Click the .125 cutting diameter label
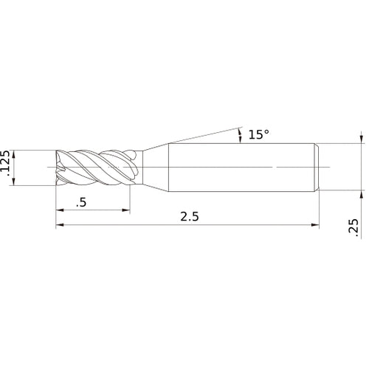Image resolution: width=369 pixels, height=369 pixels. [x=7, y=169]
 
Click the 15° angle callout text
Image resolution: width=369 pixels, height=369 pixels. [x=258, y=134]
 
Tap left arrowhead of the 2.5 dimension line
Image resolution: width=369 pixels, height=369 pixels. [x=60, y=226]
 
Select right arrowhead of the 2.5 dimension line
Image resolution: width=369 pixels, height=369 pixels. [x=317, y=226]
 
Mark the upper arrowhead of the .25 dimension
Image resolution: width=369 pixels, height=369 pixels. [x=362, y=139]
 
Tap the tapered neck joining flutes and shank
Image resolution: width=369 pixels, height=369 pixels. [x=155, y=168]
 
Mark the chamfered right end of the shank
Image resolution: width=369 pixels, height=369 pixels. [x=317, y=168]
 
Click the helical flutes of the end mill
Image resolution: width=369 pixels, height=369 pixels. [x=96, y=168]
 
